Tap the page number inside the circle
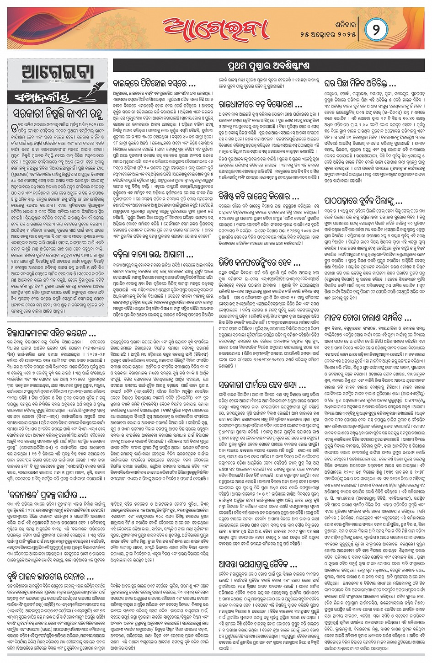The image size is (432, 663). (376, 30)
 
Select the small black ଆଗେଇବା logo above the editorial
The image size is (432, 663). (58, 73)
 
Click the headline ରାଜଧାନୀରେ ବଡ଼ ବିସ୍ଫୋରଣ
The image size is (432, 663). (260, 105)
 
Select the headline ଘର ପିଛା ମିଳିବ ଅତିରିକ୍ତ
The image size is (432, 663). (360, 84)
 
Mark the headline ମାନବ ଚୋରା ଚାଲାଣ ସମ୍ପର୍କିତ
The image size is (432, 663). (368, 318)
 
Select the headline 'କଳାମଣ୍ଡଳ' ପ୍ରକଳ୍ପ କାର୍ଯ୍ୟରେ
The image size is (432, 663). (47, 495)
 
